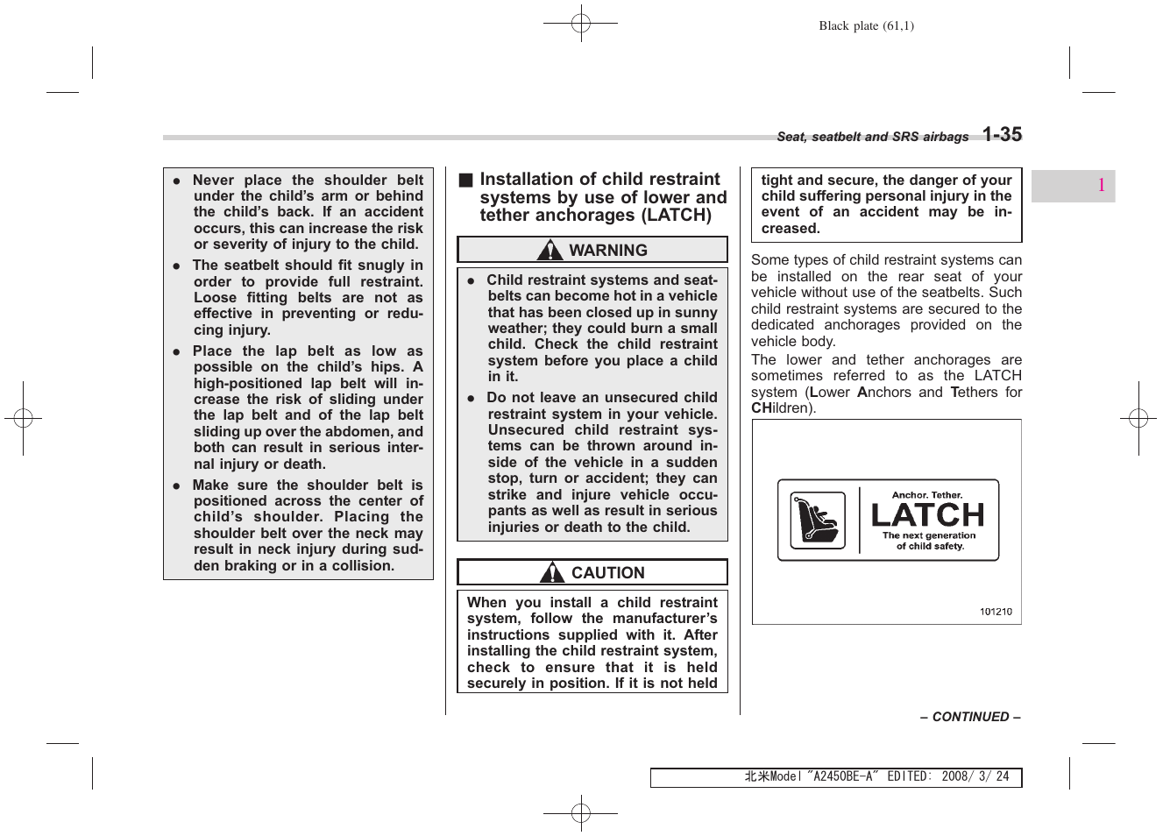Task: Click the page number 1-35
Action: coord(1001,134)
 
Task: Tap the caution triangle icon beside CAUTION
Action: coord(551,573)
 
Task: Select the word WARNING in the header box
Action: coord(607,251)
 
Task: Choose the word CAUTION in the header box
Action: coord(607,573)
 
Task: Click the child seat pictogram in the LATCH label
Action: coord(817,521)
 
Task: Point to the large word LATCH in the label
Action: coord(928,514)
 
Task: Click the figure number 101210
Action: coord(995,612)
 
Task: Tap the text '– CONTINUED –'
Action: coord(969,717)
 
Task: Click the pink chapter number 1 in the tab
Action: coord(1101,186)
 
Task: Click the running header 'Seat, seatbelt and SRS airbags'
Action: coord(872,137)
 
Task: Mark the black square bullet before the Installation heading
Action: coord(464,181)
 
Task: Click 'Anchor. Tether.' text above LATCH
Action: coord(927,495)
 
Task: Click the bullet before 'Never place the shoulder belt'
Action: coord(176,181)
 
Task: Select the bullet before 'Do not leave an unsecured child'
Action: coord(471,398)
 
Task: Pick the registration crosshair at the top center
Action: coord(580,25)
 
